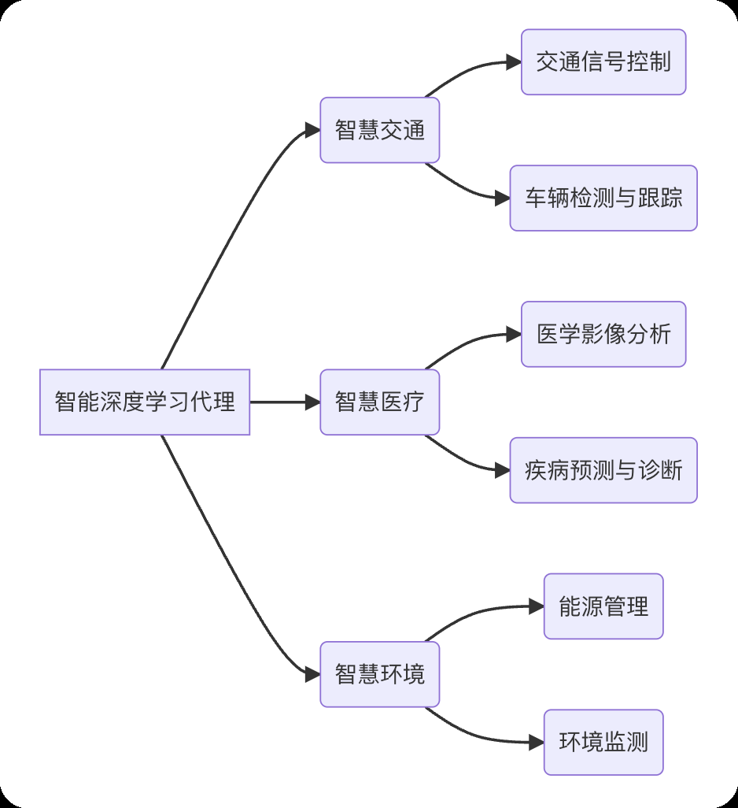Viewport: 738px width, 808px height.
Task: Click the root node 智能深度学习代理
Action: (145, 402)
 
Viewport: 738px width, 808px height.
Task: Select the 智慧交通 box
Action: (379, 130)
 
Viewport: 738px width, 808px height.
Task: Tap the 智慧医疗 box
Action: (379, 402)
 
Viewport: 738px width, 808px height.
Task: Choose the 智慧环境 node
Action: (379, 674)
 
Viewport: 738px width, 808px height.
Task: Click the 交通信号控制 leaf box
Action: (603, 62)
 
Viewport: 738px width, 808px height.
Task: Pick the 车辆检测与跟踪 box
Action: (603, 198)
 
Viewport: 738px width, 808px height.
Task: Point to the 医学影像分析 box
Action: (603, 334)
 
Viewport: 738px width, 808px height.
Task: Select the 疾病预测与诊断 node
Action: (603, 470)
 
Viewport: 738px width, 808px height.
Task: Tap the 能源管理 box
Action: (603, 606)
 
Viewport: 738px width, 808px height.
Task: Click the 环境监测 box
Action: (603, 742)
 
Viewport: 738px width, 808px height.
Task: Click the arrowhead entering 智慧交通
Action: (312, 130)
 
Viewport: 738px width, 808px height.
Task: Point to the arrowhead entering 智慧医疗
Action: (312, 402)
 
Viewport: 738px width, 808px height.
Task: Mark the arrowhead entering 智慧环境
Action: (312, 674)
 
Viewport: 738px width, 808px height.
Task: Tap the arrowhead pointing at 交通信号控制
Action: (514, 62)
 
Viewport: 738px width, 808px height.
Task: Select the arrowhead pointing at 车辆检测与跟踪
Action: (503, 198)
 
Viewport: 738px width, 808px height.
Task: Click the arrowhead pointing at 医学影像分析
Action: (514, 334)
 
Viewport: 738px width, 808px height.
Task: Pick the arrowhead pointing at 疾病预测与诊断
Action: (503, 470)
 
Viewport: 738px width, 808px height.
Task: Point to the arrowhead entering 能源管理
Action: (537, 606)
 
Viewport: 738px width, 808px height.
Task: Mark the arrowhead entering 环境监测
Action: (537, 742)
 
